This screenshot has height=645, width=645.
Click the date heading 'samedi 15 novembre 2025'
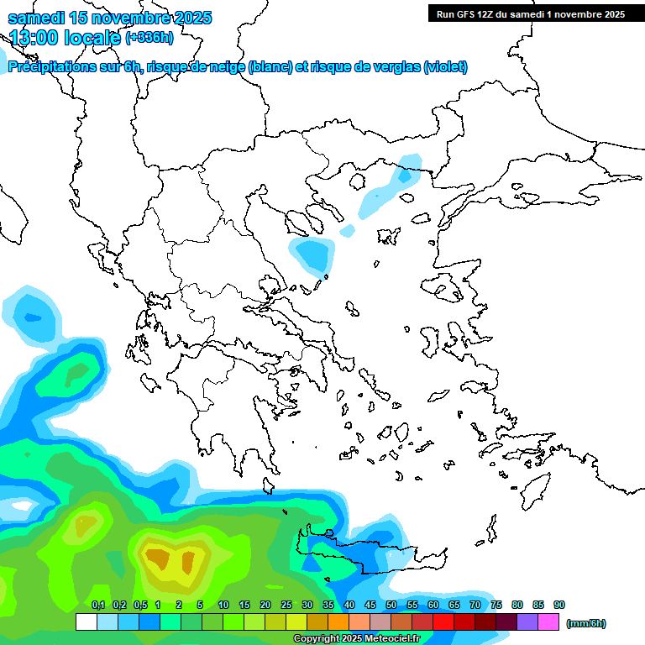pos(109,18)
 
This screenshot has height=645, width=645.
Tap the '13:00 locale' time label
pos(66,37)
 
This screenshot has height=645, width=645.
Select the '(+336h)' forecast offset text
pos(149,37)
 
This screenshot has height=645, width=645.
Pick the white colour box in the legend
pos(86,621)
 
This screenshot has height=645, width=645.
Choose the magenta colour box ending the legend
pos(548,621)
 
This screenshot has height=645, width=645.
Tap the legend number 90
pos(558,605)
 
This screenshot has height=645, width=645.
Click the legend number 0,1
pos(97,605)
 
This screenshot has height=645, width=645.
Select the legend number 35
pos(328,605)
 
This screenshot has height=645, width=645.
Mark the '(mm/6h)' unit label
pos(585,623)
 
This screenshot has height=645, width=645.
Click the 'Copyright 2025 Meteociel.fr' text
pos(356,638)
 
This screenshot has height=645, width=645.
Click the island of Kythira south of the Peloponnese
pos(269,485)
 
